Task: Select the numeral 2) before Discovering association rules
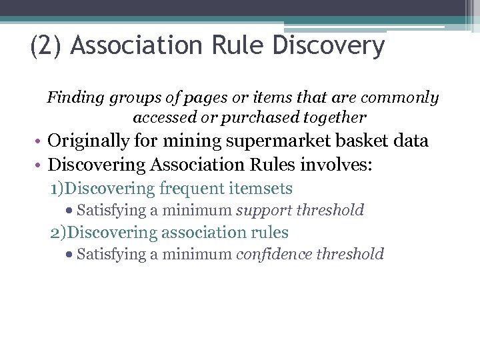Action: pos(59,233)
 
